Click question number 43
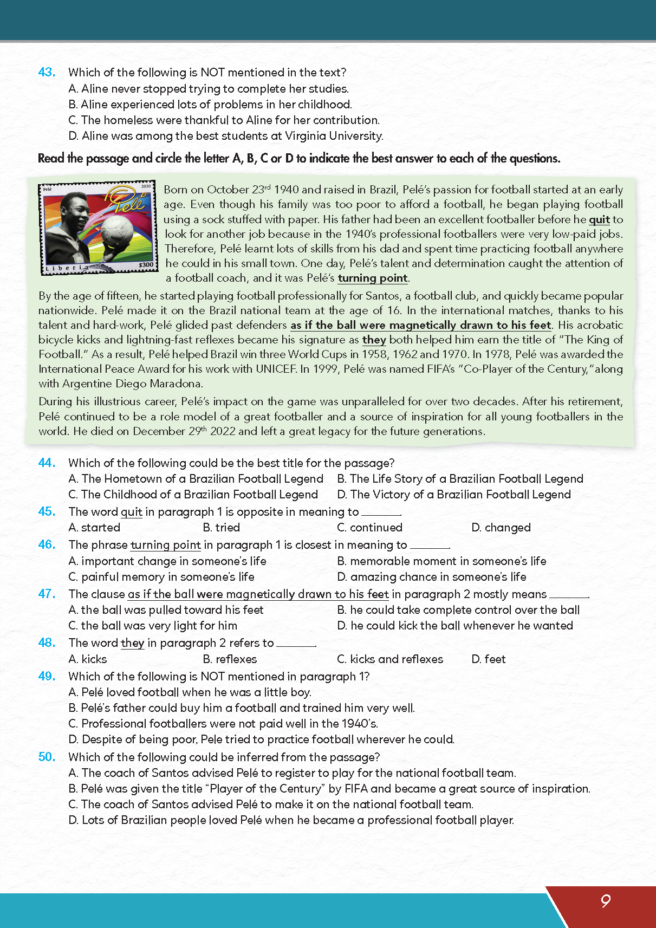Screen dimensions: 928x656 (47, 72)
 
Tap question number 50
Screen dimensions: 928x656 (47, 757)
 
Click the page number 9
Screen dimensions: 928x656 (605, 901)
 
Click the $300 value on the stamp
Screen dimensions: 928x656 (146, 265)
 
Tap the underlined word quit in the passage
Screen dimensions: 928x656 (599, 219)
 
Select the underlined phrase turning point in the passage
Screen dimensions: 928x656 (373, 278)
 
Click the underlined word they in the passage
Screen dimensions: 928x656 (374, 340)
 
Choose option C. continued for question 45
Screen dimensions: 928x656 (370, 528)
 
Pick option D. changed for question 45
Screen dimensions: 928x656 (501, 528)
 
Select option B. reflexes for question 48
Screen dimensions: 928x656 (230, 659)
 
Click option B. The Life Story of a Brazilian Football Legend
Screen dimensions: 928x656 (460, 479)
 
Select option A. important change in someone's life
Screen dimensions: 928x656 (167, 561)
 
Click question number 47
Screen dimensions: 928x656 (47, 594)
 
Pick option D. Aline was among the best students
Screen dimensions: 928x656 (226, 136)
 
